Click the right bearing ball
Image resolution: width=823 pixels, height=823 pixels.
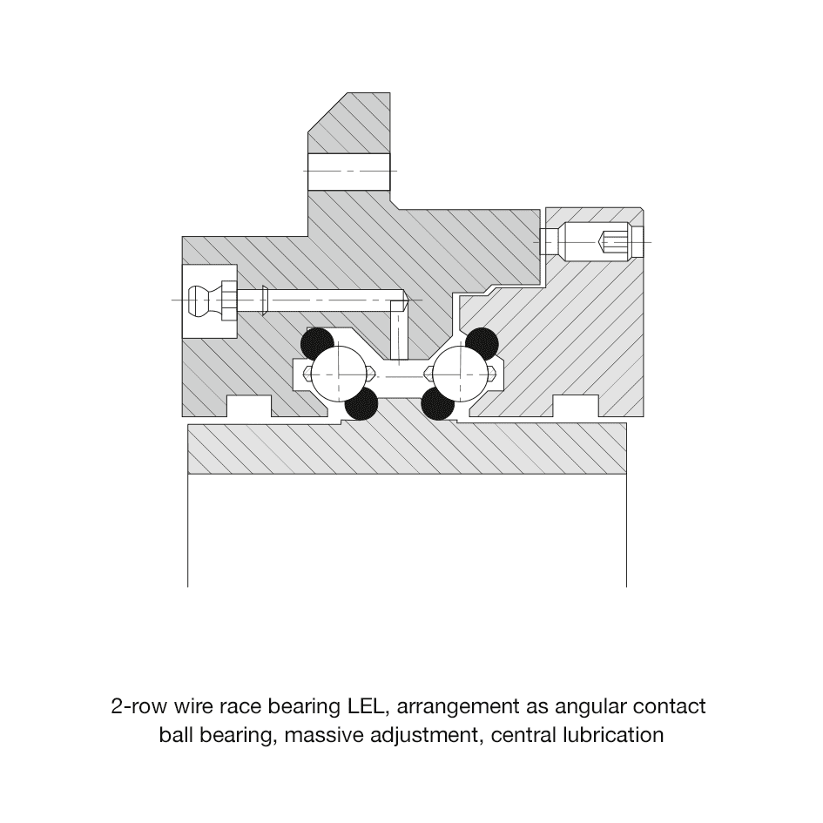click(x=461, y=374)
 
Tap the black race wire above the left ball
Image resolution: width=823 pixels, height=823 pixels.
click(x=317, y=344)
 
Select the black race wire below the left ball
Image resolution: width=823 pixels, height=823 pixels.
click(x=361, y=404)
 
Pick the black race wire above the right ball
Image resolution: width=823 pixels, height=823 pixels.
click(x=482, y=344)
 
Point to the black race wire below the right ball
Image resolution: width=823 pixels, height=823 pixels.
click(x=438, y=404)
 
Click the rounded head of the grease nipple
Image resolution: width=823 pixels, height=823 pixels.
click(x=198, y=300)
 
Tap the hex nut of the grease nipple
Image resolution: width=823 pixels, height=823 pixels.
click(x=229, y=300)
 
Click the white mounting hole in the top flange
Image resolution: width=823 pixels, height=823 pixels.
click(x=349, y=171)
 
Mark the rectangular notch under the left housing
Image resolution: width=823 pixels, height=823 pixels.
click(x=249, y=406)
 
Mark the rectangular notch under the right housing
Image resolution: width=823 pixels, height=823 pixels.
click(x=576, y=406)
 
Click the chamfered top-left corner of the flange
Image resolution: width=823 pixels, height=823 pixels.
click(x=327, y=111)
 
